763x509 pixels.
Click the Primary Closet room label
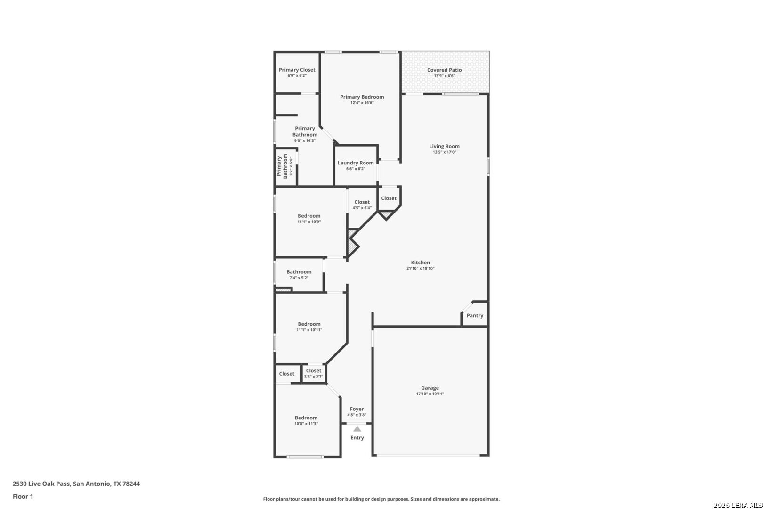297,70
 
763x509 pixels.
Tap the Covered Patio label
445,70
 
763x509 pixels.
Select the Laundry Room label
356,163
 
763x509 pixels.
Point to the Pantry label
475,316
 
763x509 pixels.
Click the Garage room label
430,388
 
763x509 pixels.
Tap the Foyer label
357,409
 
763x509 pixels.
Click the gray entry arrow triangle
357,429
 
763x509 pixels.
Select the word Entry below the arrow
357,438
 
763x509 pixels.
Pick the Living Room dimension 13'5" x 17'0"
445,152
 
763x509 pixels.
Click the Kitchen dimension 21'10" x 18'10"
420,268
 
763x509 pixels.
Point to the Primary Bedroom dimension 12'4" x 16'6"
362,103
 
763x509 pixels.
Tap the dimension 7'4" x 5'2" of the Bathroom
299,278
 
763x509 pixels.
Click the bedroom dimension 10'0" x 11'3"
306,424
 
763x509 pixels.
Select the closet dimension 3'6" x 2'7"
313,377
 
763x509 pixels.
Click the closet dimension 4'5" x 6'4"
362,208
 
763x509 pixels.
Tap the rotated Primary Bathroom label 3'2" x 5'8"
285,166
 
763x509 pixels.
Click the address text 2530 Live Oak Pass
41,484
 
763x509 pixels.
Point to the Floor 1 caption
23,497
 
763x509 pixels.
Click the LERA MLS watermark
738,505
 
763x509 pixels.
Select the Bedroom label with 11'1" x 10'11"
309,324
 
